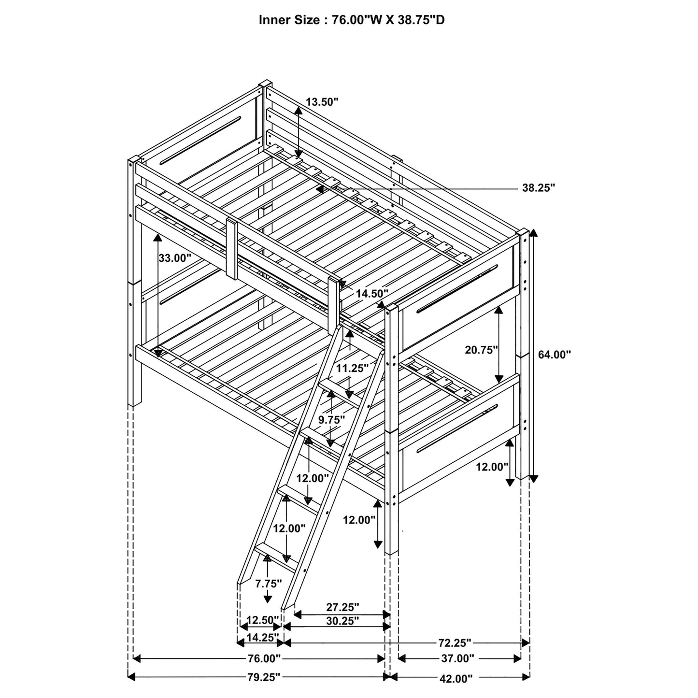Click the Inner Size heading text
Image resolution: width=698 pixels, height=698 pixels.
pos(352,20)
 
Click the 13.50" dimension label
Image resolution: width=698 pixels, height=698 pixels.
pos(322,101)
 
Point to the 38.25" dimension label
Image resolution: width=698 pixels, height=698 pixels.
pos(538,188)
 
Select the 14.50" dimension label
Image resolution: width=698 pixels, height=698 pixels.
pos(372,293)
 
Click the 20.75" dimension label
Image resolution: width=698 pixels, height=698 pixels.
pos(481,350)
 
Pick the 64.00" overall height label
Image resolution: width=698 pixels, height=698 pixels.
pos(554,355)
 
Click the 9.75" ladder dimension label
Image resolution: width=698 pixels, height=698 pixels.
pos(331,420)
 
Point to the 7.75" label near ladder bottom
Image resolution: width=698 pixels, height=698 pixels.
pos(269,584)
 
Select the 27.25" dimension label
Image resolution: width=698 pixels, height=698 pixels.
pos(343,607)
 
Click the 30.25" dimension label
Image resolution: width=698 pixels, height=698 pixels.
pos(342,621)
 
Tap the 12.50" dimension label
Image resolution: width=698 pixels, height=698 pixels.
pos(263,620)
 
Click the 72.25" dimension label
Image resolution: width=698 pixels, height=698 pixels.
pos(455,643)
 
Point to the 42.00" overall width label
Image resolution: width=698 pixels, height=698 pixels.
pos(456,679)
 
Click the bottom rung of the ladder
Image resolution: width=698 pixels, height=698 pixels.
pos(275,556)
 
